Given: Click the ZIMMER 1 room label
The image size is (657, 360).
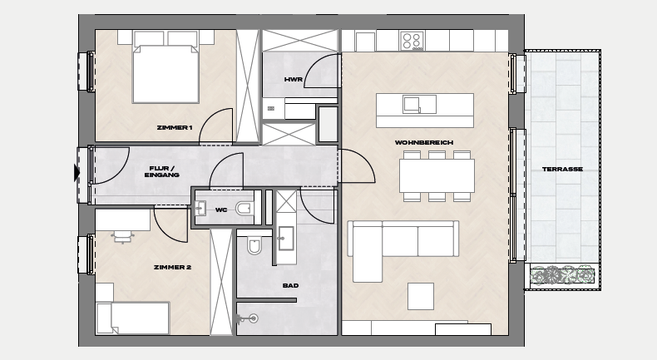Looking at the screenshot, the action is [175, 127].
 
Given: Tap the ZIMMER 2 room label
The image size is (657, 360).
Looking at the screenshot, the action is [172, 267].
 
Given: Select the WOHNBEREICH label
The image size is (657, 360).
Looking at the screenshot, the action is [424, 142].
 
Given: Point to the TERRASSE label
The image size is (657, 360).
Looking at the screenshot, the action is [562, 170].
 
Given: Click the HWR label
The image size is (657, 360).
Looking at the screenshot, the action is [293, 79].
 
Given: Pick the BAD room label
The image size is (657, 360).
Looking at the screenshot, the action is [290, 285].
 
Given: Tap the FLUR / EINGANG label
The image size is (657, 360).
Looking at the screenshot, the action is [161, 172].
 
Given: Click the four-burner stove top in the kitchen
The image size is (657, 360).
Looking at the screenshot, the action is [412, 41].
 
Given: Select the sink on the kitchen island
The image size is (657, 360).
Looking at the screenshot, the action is [419, 105].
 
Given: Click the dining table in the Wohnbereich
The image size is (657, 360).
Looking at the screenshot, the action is [437, 175].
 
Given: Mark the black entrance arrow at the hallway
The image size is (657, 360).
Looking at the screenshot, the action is [77, 173].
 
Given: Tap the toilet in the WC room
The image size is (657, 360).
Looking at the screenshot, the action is [245, 208].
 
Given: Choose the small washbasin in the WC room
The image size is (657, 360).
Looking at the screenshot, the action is [200, 208].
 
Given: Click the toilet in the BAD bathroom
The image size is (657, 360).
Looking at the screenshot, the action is [254, 245].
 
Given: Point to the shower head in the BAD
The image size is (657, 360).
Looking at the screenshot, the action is [247, 319].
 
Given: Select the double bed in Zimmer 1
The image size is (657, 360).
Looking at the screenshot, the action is [165, 67].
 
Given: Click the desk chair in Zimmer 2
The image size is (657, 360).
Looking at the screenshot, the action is [122, 237].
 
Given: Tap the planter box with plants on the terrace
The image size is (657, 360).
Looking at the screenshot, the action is [562, 276].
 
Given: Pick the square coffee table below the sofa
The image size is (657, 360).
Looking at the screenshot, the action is [421, 296].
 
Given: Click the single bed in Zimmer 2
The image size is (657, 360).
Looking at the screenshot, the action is [132, 318].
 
